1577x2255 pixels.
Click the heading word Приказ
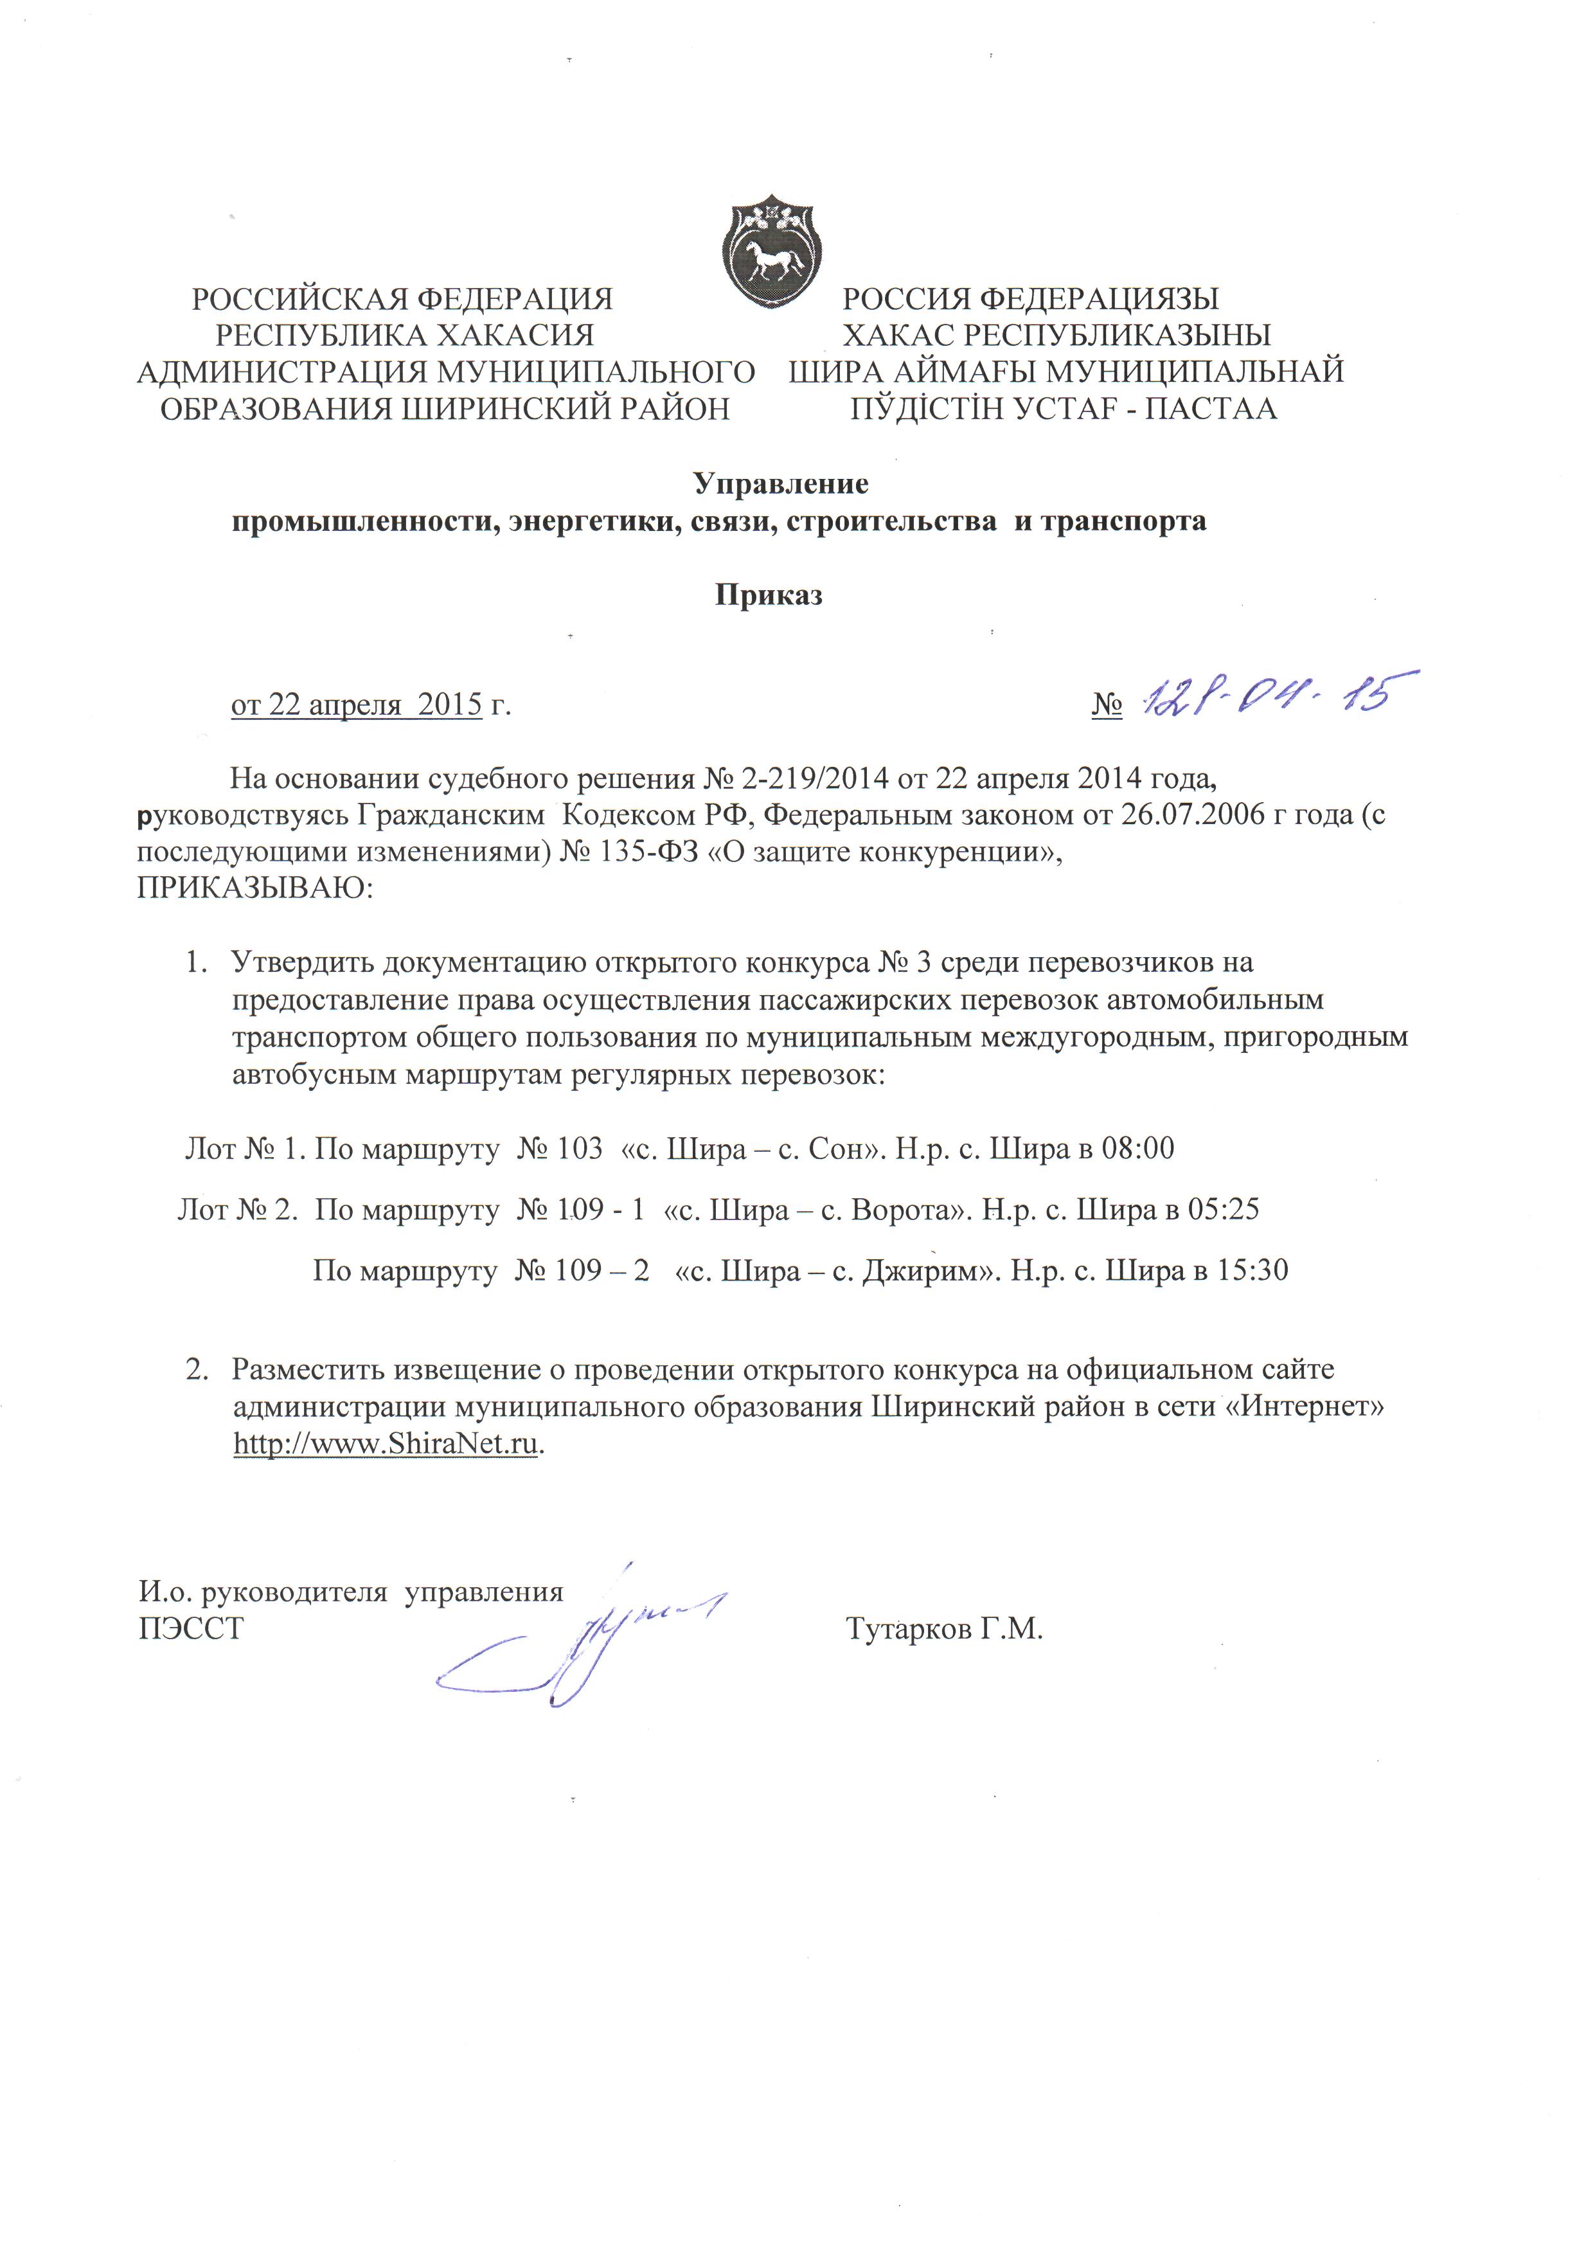tap(768, 595)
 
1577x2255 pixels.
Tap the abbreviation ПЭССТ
tap(190, 1630)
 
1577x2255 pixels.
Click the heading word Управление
tap(781, 483)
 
